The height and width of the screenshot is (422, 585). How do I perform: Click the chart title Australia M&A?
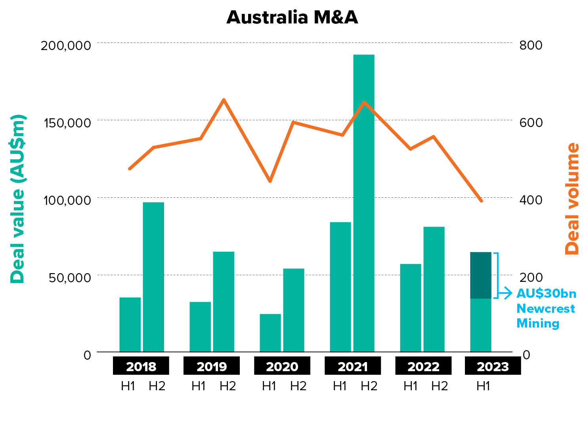(x=292, y=18)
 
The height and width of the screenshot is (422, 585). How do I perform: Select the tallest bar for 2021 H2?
(x=364, y=202)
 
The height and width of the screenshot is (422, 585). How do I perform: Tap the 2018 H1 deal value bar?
(x=130, y=324)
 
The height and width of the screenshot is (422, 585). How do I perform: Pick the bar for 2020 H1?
(x=270, y=333)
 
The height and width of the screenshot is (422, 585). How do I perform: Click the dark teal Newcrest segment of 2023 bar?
(x=480, y=275)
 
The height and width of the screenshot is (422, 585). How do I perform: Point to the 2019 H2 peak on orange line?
(x=224, y=100)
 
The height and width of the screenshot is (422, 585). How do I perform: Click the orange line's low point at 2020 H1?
(x=270, y=181)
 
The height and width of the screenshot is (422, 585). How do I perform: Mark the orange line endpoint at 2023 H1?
(x=481, y=200)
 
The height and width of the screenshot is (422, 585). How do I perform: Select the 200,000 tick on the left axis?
(x=66, y=45)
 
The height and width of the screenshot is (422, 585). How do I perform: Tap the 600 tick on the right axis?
(x=531, y=122)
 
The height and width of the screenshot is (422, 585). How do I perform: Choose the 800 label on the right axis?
(x=531, y=45)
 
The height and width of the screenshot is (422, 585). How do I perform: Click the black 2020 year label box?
(x=282, y=366)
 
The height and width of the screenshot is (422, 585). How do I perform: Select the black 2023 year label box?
(x=493, y=366)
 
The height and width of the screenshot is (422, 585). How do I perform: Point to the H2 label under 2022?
(x=440, y=386)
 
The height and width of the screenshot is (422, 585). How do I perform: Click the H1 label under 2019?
(x=199, y=386)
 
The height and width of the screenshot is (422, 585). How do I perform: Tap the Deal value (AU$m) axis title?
(x=17, y=198)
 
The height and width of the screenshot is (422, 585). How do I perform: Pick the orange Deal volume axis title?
(x=572, y=198)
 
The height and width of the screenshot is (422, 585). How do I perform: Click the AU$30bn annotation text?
(x=546, y=293)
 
